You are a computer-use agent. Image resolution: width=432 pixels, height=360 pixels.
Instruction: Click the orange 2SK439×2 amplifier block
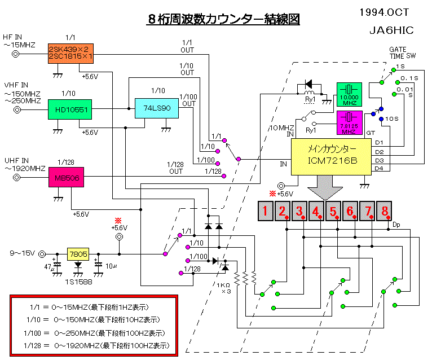(x=70, y=53)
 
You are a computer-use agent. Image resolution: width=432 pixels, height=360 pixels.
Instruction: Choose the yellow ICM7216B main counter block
(x=332, y=154)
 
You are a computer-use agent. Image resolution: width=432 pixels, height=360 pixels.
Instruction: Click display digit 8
(x=385, y=212)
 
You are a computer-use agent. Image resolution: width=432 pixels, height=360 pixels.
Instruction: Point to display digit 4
(x=316, y=212)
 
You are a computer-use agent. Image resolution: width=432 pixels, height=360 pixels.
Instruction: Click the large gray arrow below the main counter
(x=325, y=188)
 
